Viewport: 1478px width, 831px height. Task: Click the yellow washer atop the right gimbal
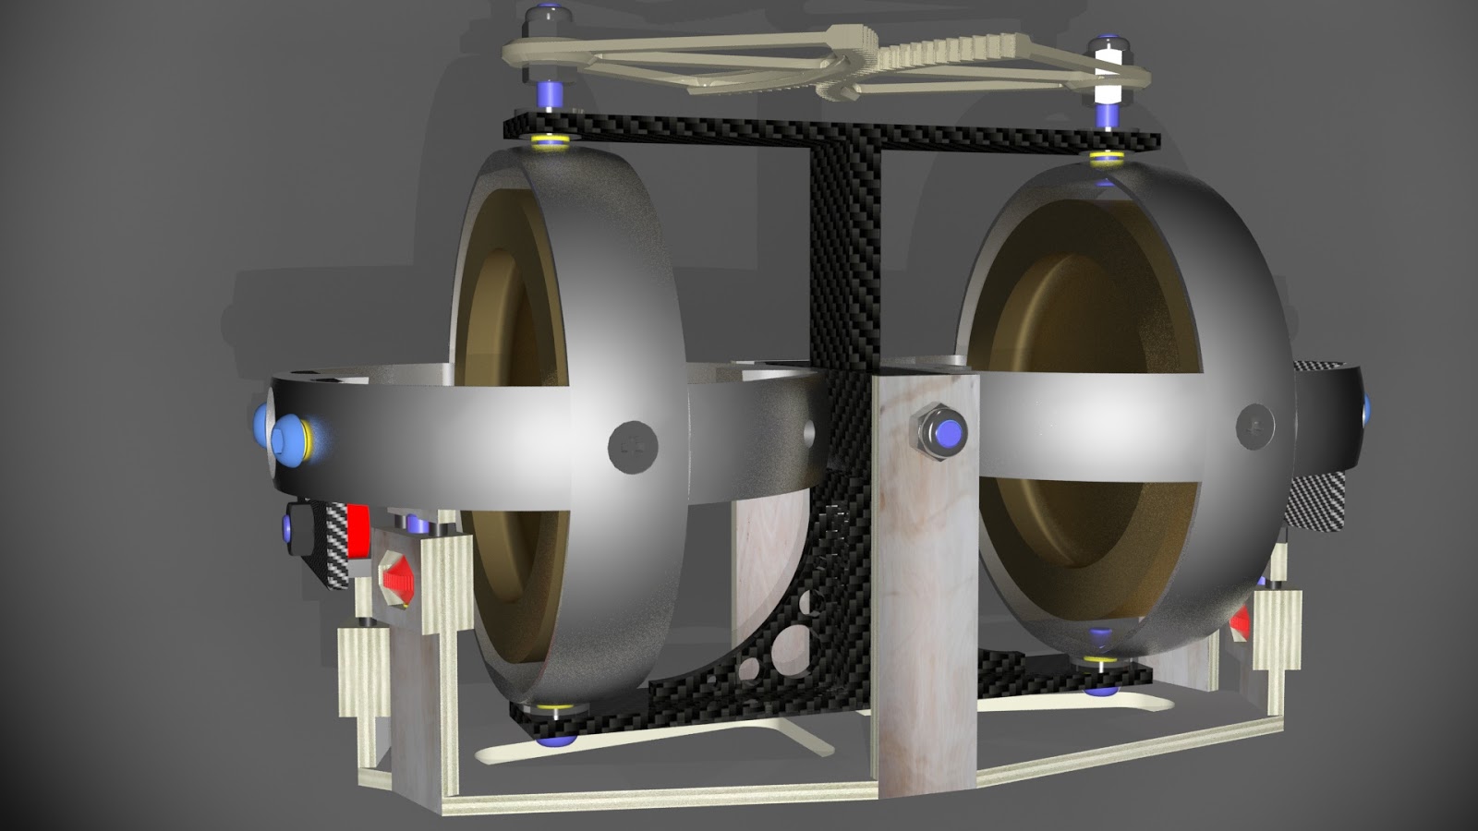[1105, 159]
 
